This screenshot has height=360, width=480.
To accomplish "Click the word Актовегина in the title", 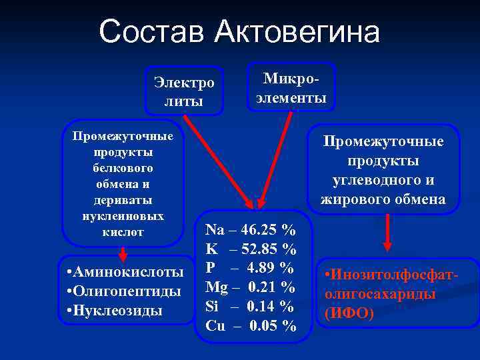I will (298, 31).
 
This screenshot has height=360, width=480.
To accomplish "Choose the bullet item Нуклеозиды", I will (117, 311).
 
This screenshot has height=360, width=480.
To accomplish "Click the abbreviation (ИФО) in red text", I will (349, 312).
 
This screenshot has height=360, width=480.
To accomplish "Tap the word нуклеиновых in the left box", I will (122, 216).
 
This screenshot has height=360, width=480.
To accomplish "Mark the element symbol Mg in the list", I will (216, 287).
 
